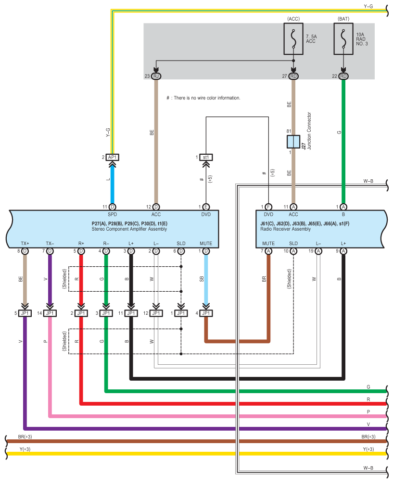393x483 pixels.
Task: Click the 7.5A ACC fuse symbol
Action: tap(293, 39)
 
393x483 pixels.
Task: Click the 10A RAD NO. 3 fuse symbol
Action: tap(343, 39)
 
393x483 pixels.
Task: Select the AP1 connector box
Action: tap(112, 157)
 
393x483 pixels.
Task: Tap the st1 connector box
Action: tap(206, 157)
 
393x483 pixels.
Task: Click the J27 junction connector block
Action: tap(293, 142)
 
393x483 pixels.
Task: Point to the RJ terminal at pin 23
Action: tap(156, 76)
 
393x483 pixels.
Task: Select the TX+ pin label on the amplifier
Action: tap(25, 244)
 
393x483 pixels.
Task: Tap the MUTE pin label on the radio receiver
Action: tap(268, 244)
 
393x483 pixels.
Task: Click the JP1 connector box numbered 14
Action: tap(50, 313)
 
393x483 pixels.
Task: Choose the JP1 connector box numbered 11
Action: tap(131, 313)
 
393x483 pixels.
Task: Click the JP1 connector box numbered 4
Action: tap(206, 313)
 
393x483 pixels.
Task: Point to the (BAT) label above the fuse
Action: tap(343, 18)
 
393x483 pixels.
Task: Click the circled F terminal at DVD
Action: tap(268, 207)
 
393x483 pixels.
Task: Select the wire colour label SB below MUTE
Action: tap(202, 279)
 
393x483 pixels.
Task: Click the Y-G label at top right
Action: tap(369, 6)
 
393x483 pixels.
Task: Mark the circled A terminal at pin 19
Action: tap(318, 251)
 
